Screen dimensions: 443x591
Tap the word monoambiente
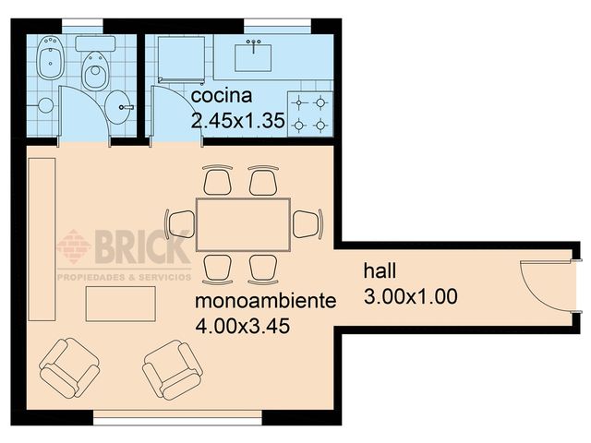(263, 302)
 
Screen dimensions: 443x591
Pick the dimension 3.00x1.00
(411, 296)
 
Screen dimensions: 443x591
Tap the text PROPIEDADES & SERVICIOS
(125, 276)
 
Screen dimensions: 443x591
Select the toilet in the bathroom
(94, 66)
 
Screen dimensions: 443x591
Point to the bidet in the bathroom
(50, 66)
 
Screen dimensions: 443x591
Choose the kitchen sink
(253, 55)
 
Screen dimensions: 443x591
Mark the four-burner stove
(309, 113)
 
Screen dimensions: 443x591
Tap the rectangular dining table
(243, 223)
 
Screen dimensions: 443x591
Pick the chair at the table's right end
(308, 223)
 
